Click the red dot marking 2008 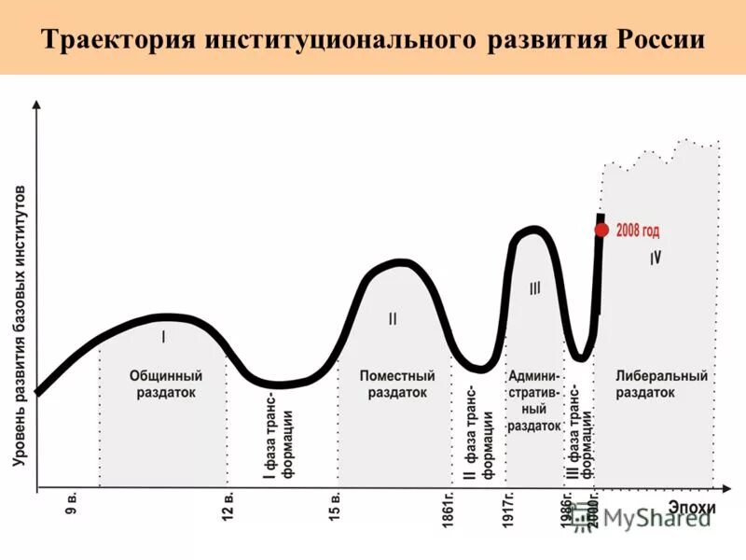pyautogui.click(x=601, y=230)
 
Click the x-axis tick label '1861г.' pyautogui.click(x=449, y=511)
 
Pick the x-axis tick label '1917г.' pyautogui.click(x=509, y=511)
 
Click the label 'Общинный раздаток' pyautogui.click(x=165, y=384)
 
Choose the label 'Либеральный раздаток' pyautogui.click(x=661, y=384)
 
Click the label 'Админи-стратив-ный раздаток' pyautogui.click(x=534, y=399)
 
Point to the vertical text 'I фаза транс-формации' pyautogui.click(x=279, y=441)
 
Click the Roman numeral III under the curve pyautogui.click(x=534, y=289)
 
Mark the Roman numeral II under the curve pyautogui.click(x=393, y=318)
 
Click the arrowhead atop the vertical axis pyautogui.click(x=37, y=105)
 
